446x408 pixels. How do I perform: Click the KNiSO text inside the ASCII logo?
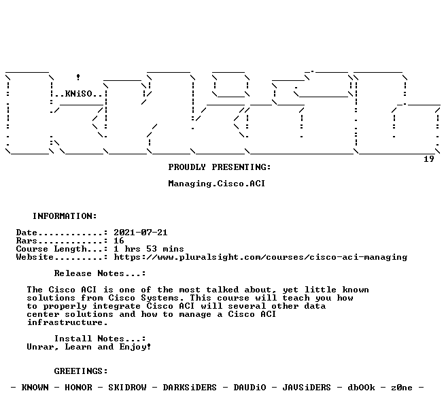tap(78, 94)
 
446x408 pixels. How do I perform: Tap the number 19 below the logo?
tap(428, 158)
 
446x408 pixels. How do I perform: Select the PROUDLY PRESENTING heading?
tap(220, 167)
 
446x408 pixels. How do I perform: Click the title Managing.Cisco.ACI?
tap(217, 184)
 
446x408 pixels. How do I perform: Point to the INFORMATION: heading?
tap(65, 216)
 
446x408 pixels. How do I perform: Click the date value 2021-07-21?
tap(141, 233)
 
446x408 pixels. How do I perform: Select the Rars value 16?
tap(119, 241)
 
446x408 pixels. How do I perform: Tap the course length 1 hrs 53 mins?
tap(149, 249)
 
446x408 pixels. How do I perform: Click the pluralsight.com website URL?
tap(260, 257)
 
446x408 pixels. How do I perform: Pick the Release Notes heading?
tap(100, 273)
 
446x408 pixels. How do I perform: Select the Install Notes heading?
tap(100, 339)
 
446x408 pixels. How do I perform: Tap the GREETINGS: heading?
tap(81, 371)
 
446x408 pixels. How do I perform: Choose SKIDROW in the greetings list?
tap(127, 388)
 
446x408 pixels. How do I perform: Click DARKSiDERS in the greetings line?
tap(190, 388)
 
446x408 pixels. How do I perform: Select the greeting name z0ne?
tap(402, 388)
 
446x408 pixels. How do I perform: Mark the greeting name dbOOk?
tap(361, 388)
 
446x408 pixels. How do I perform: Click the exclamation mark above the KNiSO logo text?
tap(78, 77)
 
